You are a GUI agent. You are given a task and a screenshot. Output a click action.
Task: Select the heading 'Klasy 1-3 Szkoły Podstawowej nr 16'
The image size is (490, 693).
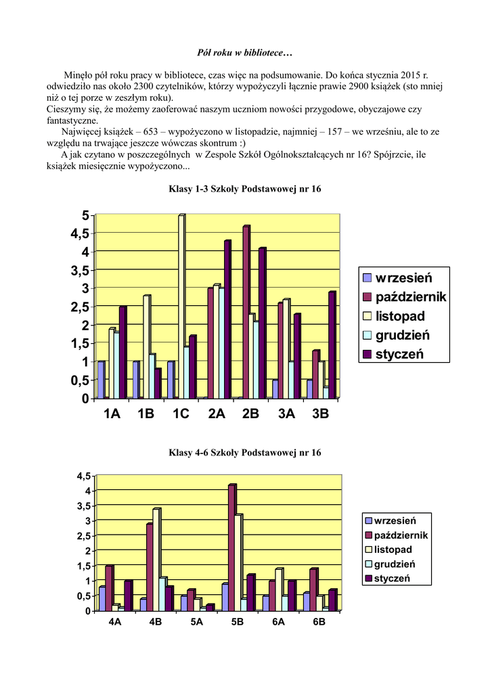[244, 189]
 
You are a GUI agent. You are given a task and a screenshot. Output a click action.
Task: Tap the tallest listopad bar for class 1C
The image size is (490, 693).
[181, 305]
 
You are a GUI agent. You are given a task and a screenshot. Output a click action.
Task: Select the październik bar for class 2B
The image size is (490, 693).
[246, 311]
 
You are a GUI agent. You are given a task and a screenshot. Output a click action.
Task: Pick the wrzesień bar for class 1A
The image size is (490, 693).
[101, 379]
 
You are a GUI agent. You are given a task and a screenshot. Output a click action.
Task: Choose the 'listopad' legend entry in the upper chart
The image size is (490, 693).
[399, 316]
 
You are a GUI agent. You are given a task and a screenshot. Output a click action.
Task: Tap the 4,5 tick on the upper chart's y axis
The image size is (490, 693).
[79, 233]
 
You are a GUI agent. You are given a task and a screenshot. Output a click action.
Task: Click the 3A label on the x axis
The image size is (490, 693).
[286, 414]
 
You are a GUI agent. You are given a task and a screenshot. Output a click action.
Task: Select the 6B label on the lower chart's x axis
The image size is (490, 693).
[319, 623]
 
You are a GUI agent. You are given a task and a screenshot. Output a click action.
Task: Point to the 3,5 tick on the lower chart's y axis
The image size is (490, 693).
[83, 506]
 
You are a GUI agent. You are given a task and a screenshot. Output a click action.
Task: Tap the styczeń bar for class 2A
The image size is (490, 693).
[227, 319]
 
